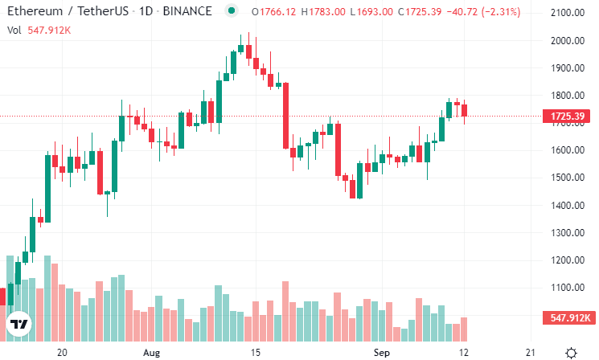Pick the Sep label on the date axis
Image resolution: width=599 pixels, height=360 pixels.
382,352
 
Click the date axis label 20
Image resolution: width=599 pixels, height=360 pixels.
61,352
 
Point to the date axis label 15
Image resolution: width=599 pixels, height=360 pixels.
255,352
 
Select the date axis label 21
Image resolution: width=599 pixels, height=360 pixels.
529,352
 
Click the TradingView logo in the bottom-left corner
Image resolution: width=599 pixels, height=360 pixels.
18,325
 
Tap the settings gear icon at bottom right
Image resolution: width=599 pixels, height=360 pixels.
571,352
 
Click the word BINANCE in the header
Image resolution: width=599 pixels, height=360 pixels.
189,12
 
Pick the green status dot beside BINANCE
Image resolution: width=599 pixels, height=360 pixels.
232,12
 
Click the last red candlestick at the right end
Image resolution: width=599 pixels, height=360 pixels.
464,110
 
